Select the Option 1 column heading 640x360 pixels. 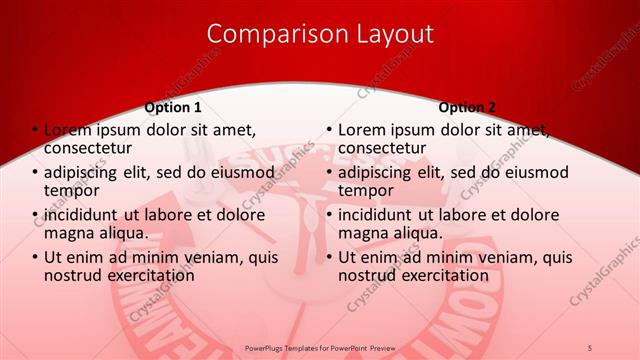tap(173, 107)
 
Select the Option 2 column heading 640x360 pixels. tap(467, 107)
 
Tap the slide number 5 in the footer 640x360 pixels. tap(590, 347)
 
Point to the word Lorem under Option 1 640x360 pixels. tap(67, 130)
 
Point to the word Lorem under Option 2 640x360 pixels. tap(361, 130)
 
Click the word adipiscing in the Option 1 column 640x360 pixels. tap(86, 173)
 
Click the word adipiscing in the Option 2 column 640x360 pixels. tap(380, 173)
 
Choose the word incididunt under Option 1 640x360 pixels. tap(85, 216)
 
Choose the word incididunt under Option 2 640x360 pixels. tap(379, 216)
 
